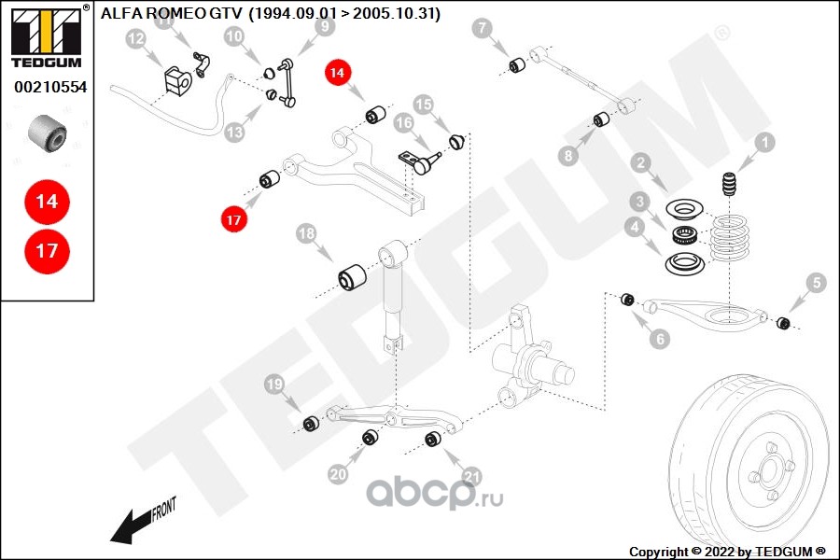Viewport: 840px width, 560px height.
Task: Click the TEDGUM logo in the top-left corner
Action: pyautogui.click(x=48, y=35)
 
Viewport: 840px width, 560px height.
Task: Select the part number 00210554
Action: pyautogui.click(x=50, y=87)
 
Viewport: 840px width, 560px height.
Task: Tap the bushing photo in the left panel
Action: pyautogui.click(x=48, y=133)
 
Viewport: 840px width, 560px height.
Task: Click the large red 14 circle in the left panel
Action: pyautogui.click(x=48, y=202)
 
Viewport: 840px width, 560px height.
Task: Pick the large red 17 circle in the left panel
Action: pyautogui.click(x=48, y=251)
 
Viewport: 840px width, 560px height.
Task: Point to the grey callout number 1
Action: pyautogui.click(x=765, y=142)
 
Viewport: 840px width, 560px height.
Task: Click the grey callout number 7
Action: pyautogui.click(x=483, y=28)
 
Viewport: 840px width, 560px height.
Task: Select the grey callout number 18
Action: pyautogui.click(x=306, y=233)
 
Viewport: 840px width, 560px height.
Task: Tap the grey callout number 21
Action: pyautogui.click(x=471, y=476)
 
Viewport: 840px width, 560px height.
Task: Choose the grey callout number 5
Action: pyautogui.click(x=817, y=283)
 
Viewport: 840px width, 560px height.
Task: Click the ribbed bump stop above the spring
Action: pyautogui.click(x=729, y=184)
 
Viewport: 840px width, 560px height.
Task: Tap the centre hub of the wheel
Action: pyautogui.click(x=769, y=471)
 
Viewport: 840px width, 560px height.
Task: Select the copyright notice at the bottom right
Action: pyautogui.click(x=727, y=552)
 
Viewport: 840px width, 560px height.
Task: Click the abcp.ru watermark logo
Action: pyautogui.click(x=434, y=493)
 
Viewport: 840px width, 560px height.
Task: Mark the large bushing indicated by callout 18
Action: pyautogui.click(x=352, y=277)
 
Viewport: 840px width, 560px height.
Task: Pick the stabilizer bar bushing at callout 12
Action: pyautogui.click(x=177, y=81)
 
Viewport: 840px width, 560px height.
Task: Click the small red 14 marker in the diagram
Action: pyautogui.click(x=338, y=72)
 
